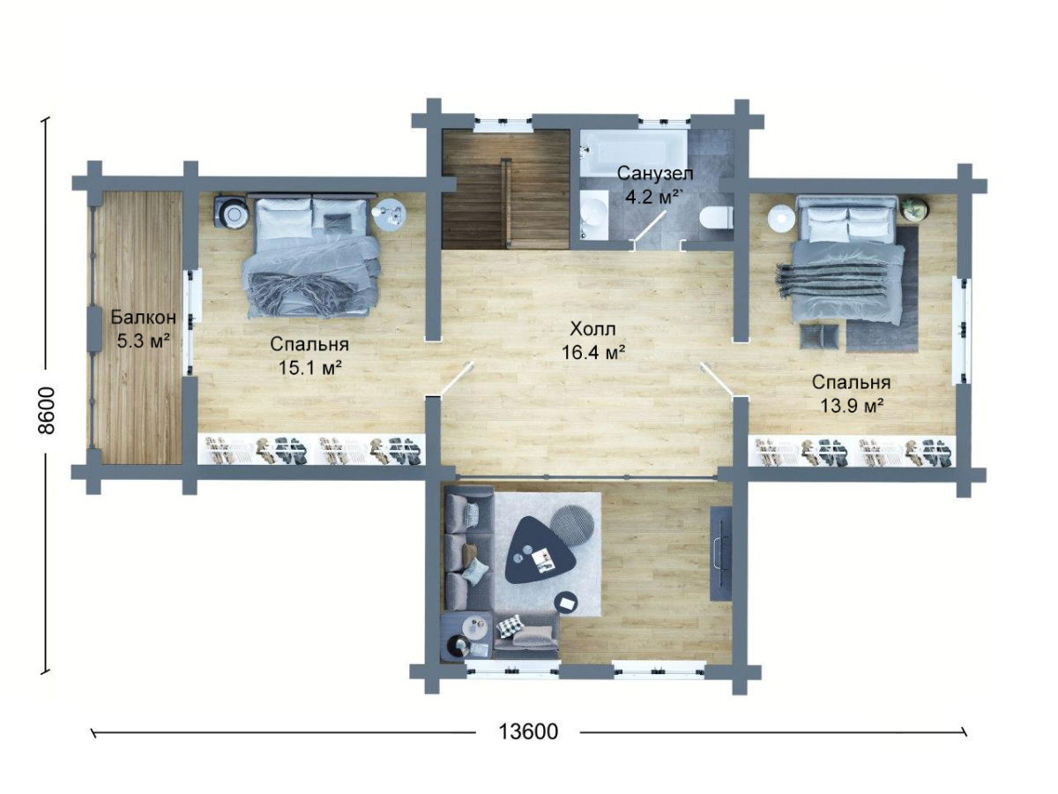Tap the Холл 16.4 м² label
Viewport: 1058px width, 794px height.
[592, 341]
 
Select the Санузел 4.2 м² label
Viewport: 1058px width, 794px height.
[654, 185]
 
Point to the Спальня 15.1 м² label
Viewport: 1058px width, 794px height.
[309, 356]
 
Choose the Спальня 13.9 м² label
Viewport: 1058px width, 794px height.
[851, 393]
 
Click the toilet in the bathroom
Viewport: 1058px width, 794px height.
[715, 218]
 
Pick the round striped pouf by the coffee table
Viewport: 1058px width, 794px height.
[572, 525]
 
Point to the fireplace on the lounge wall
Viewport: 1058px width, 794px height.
[721, 553]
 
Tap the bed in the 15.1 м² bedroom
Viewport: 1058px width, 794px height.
[311, 256]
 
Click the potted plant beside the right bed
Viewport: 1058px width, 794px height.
[914, 209]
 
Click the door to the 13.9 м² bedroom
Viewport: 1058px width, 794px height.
[718, 381]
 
